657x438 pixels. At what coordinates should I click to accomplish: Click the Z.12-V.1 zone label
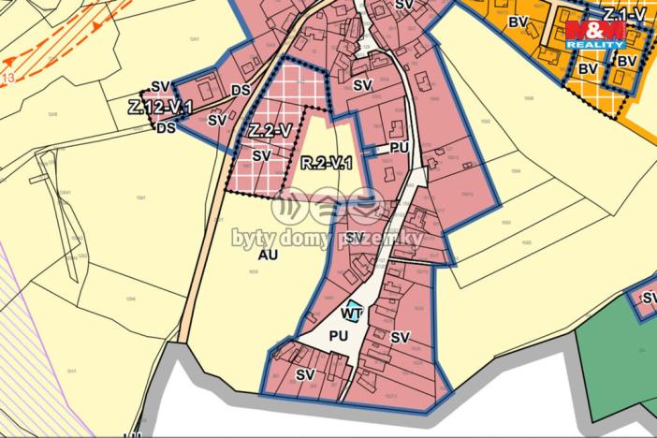[x=161, y=108]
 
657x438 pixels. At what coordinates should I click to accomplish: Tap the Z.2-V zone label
[x=269, y=130]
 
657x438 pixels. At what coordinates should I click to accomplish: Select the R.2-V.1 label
[x=326, y=165]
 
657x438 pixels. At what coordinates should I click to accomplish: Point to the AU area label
[x=268, y=254]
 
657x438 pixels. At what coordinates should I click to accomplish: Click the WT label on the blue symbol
[x=352, y=314]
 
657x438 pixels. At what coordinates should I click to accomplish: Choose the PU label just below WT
[x=339, y=335]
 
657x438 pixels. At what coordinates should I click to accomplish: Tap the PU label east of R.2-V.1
[x=400, y=148]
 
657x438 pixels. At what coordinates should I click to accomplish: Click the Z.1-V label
[x=625, y=14]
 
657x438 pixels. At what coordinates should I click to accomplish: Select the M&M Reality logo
[x=595, y=34]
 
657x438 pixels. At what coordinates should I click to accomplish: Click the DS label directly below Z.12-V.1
[x=166, y=127]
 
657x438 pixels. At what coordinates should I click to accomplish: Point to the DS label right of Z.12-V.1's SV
[x=241, y=91]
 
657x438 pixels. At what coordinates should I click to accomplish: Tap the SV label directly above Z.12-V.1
[x=160, y=87]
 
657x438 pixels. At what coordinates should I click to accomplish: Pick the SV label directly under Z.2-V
[x=262, y=155]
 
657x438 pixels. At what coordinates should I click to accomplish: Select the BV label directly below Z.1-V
[x=626, y=62]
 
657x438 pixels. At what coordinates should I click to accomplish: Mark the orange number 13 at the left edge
[x=8, y=77]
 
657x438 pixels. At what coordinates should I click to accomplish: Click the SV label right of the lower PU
[x=401, y=337]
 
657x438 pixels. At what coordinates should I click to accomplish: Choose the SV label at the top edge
[x=404, y=6]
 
